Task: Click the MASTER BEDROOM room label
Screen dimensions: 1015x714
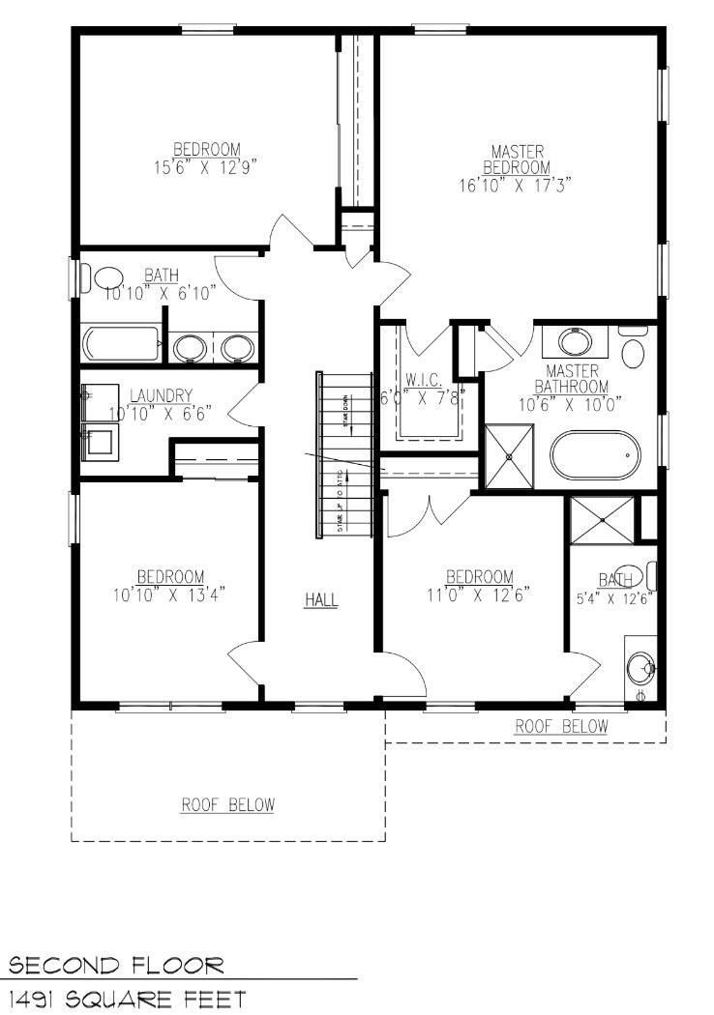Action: tap(517, 159)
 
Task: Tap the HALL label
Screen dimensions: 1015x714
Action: tap(321, 600)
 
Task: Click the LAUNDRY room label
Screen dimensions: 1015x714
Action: tap(161, 394)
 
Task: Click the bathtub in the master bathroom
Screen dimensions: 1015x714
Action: tap(594, 455)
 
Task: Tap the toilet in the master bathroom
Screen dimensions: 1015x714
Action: tap(634, 350)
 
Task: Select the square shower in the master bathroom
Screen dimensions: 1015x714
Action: tap(509, 456)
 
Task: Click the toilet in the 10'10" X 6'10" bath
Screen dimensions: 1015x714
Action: tap(107, 278)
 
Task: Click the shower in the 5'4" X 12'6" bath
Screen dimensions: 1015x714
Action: tap(602, 519)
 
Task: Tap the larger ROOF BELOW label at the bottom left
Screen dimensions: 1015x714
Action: tap(228, 804)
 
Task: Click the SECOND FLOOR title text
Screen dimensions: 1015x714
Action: tap(116, 966)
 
